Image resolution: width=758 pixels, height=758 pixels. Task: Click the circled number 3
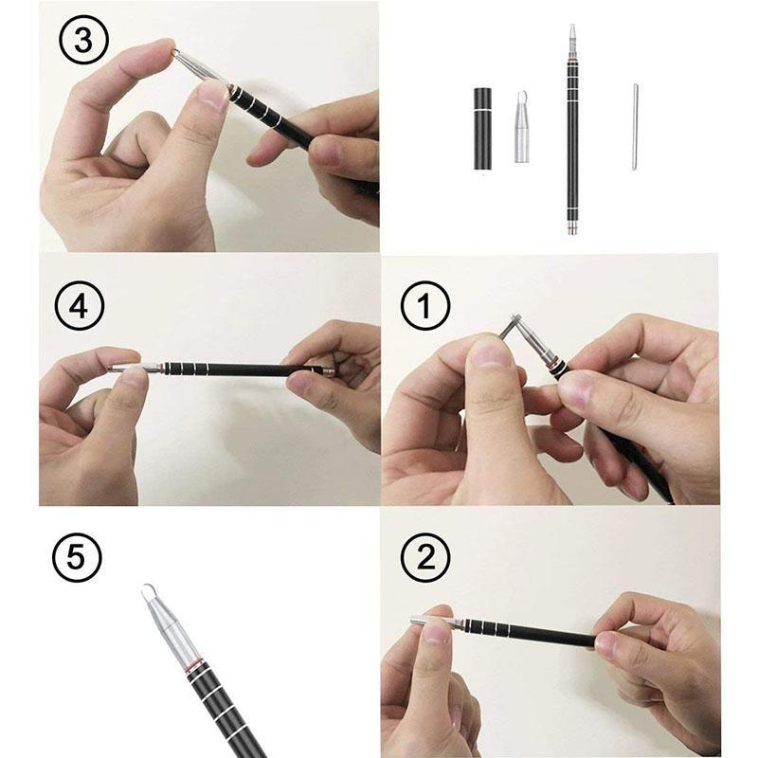pos(83,42)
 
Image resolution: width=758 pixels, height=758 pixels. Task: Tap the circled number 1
pos(424,309)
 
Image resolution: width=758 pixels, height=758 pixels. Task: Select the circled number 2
pos(424,559)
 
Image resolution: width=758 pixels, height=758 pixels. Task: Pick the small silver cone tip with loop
pos(521,130)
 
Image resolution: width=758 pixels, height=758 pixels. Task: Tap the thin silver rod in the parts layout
pos(634,126)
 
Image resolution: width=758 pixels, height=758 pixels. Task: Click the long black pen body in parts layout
pos(572,142)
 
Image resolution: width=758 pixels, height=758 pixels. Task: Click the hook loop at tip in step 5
pos(149,593)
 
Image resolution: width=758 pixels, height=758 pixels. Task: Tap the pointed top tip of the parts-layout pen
pos(572,29)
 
